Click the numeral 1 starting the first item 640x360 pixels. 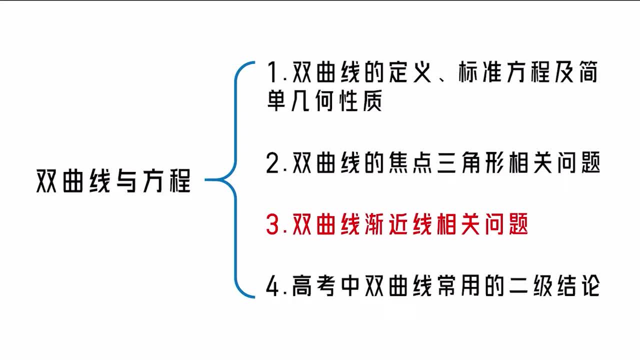tap(273, 73)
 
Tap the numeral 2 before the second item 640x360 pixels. tap(274, 164)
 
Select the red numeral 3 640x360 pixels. tap(274, 225)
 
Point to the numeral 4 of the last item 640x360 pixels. tap(274, 287)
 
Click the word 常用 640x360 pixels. tap(459, 287)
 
